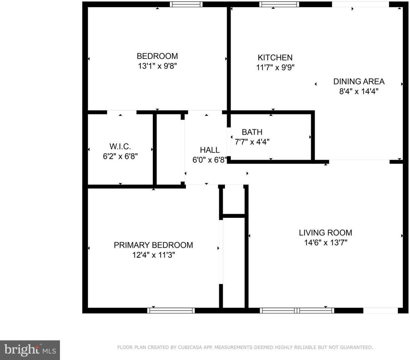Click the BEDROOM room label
(x=157, y=56)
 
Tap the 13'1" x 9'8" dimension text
(x=157, y=66)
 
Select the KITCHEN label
(x=275, y=57)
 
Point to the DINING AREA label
(x=359, y=81)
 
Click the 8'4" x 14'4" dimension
(x=359, y=91)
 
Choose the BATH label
(x=252, y=132)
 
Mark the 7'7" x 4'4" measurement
(x=252, y=142)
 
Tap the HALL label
(x=210, y=150)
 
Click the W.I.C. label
(x=120, y=146)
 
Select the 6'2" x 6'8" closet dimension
(x=120, y=156)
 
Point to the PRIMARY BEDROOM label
(x=154, y=245)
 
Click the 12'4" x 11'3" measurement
(x=154, y=255)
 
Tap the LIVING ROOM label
(x=326, y=232)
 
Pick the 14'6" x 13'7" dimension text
(x=326, y=243)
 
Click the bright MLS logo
(x=30, y=350)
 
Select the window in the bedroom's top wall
(x=186, y=4)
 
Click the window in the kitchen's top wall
(x=279, y=4)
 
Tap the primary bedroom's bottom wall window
(x=171, y=310)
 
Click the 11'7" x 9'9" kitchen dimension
(x=275, y=67)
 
